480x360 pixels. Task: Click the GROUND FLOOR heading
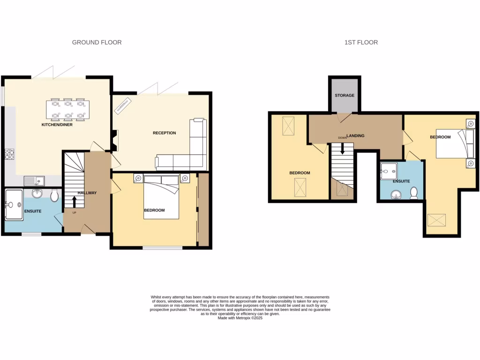pos(97,42)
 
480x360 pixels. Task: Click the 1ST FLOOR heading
pos(361,42)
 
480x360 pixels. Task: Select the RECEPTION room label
pos(164,133)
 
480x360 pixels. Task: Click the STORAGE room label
pos(345,96)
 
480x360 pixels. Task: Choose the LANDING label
pos(355,136)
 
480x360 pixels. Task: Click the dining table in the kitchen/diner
pos(68,110)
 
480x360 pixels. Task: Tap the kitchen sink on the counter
pos(34,180)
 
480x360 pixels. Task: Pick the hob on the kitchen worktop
pos(9,154)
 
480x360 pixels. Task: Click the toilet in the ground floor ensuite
pos(54,194)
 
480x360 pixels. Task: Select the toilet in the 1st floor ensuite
pos(414,193)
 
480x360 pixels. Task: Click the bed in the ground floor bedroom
pos(161,197)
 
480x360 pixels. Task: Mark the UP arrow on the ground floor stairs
pos(74,202)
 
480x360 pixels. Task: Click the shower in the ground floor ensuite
pos(14,204)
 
